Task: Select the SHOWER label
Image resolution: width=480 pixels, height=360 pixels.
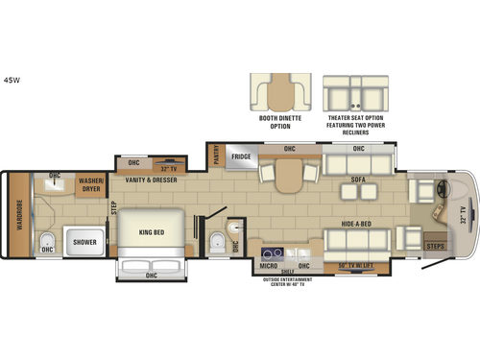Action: click(x=84, y=242)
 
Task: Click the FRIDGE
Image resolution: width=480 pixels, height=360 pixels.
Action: click(x=241, y=156)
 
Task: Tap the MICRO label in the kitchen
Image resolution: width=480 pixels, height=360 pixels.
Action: click(x=270, y=264)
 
